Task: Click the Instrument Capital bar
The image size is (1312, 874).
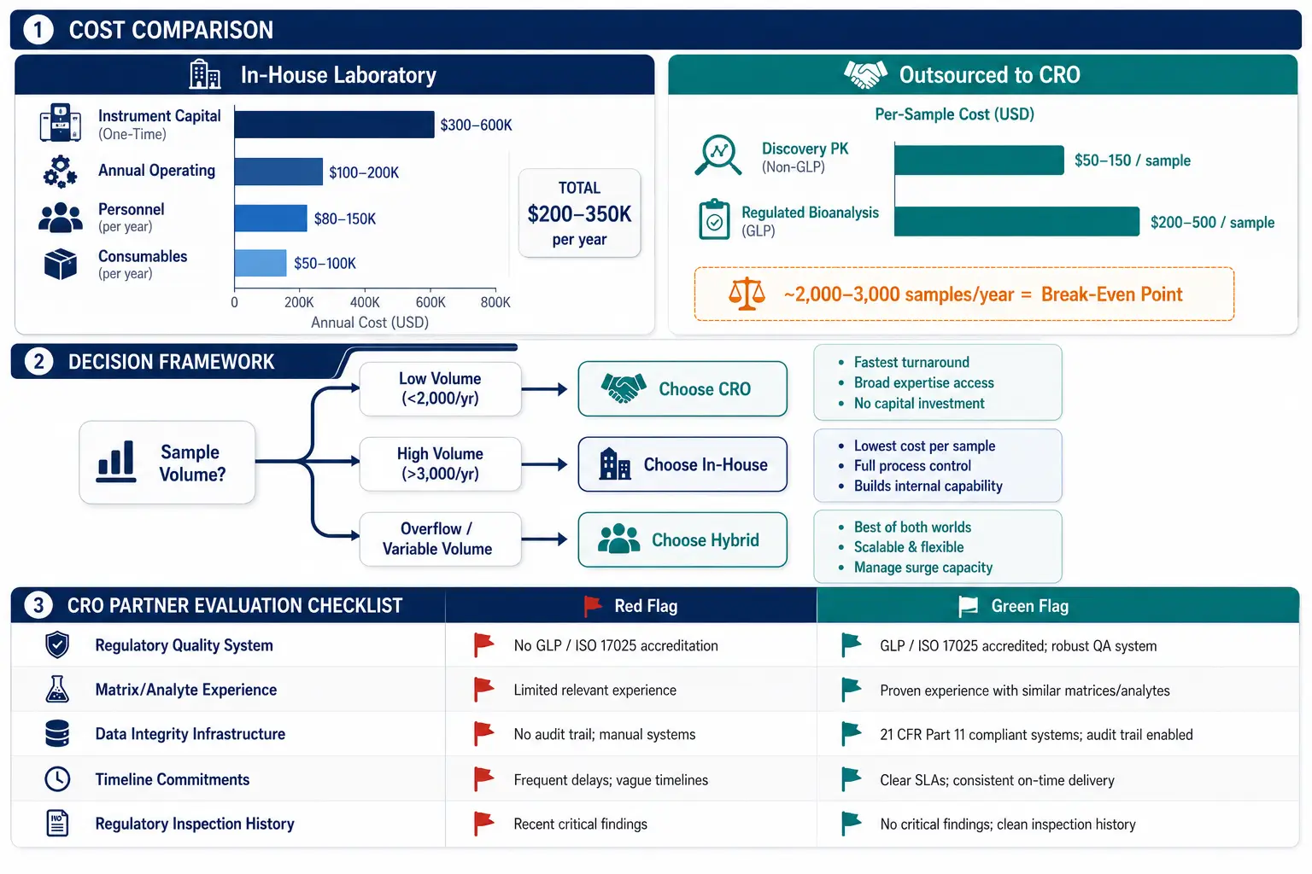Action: tap(335, 125)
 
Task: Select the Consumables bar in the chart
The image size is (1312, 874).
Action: tap(261, 263)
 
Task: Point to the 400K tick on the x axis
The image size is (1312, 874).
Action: tap(365, 302)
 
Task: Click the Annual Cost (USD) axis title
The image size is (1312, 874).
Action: tap(370, 323)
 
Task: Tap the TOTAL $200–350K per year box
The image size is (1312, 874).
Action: tap(579, 213)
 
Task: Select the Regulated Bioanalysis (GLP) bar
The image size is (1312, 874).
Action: tap(1016, 221)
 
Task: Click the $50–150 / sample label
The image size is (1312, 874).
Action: tap(1132, 160)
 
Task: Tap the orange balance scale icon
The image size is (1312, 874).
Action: tap(747, 294)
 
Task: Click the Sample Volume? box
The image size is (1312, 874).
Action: tap(167, 463)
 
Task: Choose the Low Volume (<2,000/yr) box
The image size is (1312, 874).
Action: tap(441, 388)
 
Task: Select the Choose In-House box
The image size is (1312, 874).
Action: tap(682, 464)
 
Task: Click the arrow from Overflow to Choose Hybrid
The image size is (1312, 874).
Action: tap(544, 539)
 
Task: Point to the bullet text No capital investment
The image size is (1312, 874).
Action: tap(919, 404)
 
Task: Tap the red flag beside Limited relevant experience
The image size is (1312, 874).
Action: tap(483, 690)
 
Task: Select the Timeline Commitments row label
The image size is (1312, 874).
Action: tap(173, 779)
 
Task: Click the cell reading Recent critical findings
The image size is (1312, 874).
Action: tap(581, 824)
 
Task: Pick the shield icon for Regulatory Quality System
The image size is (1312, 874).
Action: tap(57, 644)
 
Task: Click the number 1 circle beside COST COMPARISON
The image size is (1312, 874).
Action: tap(38, 30)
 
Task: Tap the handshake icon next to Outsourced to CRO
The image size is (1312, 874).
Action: tap(865, 75)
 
